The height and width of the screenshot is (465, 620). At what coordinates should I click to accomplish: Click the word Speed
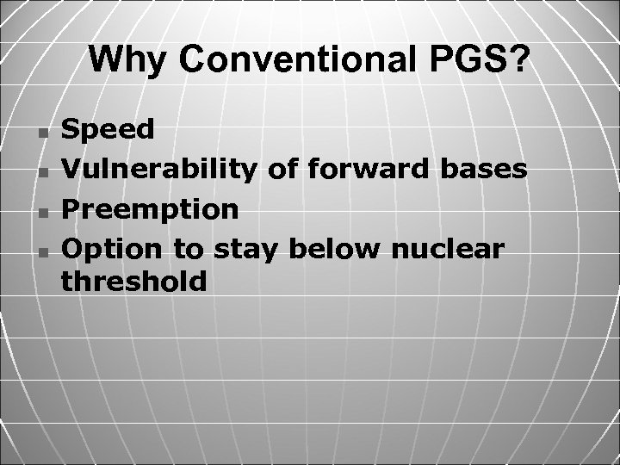pos(109,130)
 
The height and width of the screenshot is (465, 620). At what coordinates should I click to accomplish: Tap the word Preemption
pos(152,209)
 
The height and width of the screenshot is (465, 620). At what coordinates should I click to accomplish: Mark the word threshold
pos(134,282)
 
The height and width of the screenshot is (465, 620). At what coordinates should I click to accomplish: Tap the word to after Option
pos(189,249)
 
